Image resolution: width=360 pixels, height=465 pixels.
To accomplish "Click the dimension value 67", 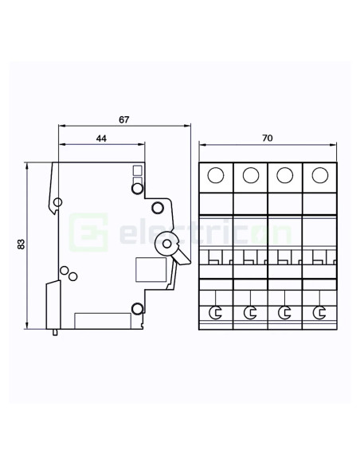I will point(123,119).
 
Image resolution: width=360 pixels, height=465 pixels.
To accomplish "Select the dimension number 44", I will point(101,139).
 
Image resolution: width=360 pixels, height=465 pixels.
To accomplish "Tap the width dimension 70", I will point(268,139).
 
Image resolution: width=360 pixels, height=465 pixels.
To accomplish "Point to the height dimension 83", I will point(20,244).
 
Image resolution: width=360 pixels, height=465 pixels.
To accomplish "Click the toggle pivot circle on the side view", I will point(168,244).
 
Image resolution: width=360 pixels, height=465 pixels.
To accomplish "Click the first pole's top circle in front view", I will point(216,175).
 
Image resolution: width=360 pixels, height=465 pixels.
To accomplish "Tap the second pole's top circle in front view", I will point(250,175).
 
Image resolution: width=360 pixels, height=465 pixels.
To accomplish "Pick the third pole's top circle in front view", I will point(285,175).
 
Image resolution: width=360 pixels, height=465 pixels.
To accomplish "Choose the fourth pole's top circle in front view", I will point(319,175).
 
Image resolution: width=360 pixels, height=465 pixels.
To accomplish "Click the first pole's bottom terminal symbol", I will point(216,313).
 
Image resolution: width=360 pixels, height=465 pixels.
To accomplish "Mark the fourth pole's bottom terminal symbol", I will point(320,313).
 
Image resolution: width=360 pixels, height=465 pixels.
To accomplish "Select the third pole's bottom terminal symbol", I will point(285,313).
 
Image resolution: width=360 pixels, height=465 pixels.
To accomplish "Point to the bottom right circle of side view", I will point(138,309).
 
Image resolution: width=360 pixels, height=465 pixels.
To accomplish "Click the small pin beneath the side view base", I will point(55,332).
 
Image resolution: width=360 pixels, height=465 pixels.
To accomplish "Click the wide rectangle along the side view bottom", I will point(103,320).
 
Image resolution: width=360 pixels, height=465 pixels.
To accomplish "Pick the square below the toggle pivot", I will point(150,271).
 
